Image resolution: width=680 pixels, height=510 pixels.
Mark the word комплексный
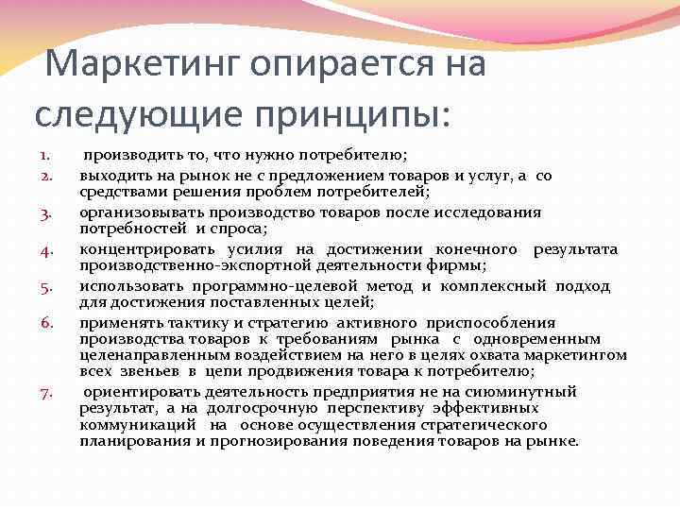491,286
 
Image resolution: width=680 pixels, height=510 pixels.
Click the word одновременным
547,338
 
